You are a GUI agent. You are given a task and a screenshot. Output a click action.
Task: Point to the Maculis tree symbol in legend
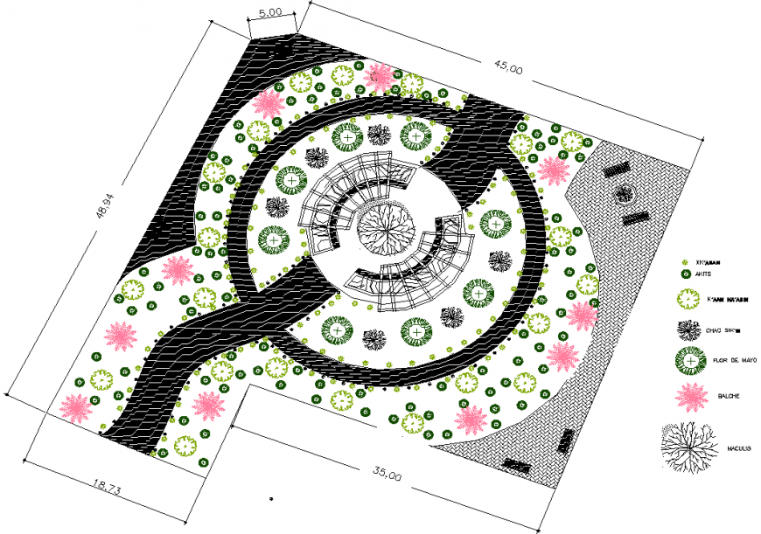[691, 447]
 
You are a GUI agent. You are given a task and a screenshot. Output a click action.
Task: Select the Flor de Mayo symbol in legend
[691, 360]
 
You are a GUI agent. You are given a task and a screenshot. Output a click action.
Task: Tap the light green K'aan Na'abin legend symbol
[689, 300]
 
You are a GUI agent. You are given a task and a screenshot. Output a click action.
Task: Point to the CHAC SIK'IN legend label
[727, 330]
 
